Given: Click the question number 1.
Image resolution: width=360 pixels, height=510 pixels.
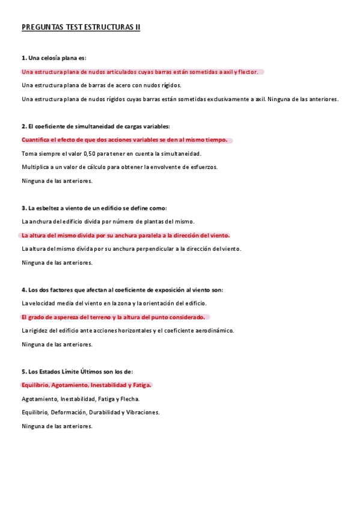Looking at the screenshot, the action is [x=23, y=58].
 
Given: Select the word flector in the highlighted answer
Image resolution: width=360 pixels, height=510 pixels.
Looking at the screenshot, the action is [x=248, y=72].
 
